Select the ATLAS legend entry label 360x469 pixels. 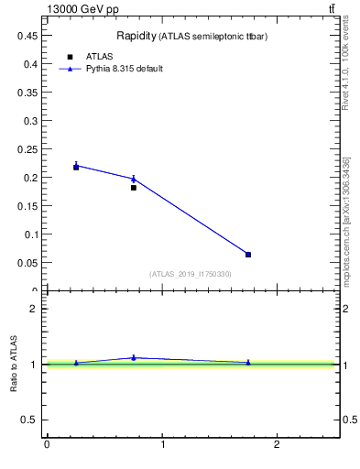98,57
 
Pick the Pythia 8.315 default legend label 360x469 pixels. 124,69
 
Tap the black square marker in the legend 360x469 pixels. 71,57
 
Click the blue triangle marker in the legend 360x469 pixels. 71,69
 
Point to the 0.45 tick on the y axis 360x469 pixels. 26,35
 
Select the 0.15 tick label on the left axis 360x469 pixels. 26,205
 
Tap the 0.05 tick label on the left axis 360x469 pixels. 26,262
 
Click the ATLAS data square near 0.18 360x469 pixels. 134,188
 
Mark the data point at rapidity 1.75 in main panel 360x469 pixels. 248,255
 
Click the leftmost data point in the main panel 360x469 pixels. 76,167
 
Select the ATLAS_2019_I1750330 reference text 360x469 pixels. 191,274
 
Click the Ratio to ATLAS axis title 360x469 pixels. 15,364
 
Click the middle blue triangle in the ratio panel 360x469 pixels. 134,357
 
